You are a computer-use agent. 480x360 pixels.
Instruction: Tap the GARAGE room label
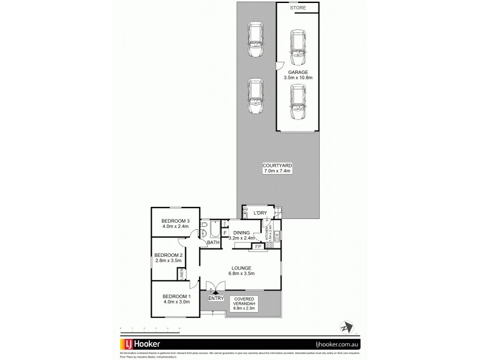point(297,72)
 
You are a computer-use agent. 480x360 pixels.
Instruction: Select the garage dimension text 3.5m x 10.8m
point(297,77)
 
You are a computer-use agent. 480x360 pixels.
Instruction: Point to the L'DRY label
point(260,214)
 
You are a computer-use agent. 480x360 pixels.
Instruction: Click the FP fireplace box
point(257,246)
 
